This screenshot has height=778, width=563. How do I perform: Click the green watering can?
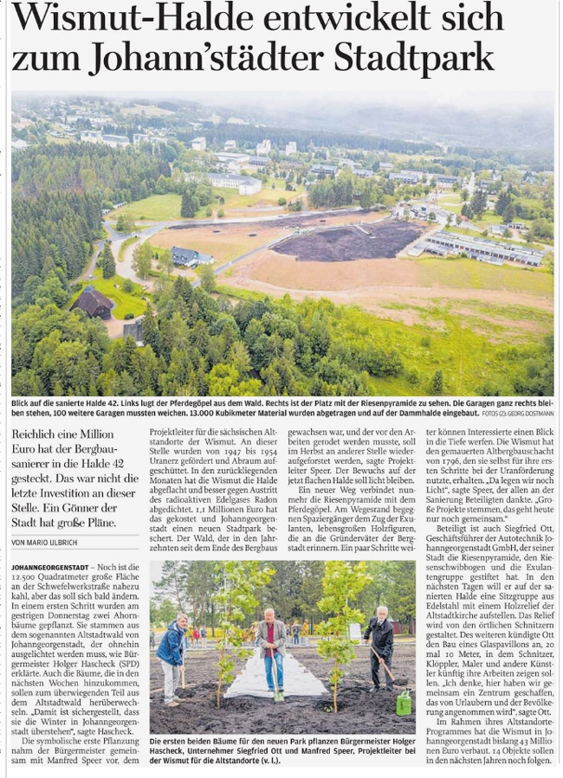coord(403,701)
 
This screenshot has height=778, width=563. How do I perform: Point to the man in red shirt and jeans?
coord(272,647)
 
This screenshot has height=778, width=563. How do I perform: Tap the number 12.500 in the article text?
coord(29,577)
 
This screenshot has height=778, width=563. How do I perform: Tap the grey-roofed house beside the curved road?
coord(189,255)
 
